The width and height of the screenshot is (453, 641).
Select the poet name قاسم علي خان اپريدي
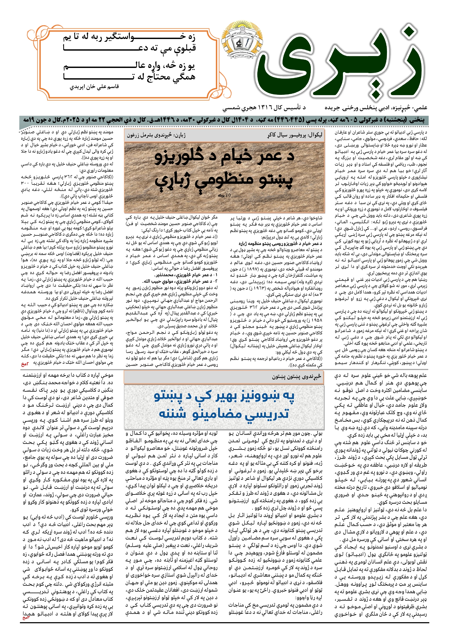(94, 87)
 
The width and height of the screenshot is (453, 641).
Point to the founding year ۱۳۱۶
(268, 107)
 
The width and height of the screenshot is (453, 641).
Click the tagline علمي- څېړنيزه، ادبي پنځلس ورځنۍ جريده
(376, 107)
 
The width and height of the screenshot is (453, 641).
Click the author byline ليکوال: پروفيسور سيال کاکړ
(295, 135)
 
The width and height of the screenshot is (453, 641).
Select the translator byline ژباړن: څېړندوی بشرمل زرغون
(156, 135)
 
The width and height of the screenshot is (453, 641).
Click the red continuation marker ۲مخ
(25, 364)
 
